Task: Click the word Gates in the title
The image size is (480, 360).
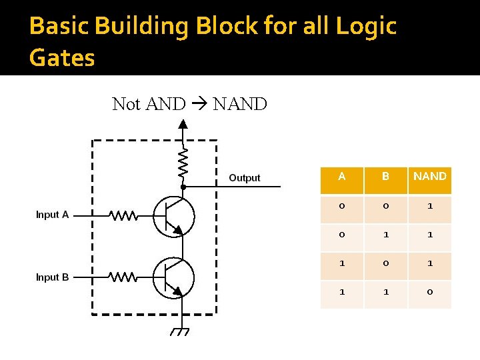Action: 62,57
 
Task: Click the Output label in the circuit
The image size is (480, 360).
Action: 244,178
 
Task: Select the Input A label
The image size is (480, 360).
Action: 52,215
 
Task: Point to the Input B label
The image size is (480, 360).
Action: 52,277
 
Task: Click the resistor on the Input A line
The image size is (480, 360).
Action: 123,215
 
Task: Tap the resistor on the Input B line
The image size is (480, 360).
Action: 123,277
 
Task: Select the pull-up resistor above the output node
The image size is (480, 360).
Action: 183,163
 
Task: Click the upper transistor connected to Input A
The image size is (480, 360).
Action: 173,216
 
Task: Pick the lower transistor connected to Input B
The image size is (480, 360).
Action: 173,277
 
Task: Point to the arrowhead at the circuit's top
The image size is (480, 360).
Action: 183,123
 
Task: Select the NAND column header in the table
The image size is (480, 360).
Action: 429,177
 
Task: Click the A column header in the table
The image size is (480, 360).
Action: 342,177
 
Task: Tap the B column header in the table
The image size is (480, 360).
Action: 385,177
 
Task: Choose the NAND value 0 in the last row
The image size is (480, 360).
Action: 429,292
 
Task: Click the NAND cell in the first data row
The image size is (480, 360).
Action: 429,206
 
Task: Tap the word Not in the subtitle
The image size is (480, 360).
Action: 127,104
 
